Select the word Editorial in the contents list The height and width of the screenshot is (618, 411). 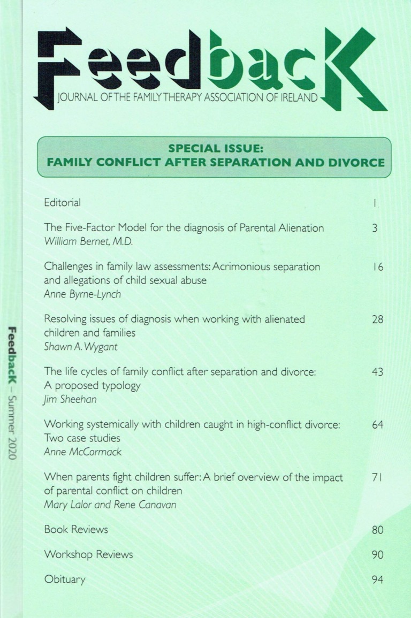[x=63, y=203]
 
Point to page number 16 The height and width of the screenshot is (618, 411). [x=377, y=266]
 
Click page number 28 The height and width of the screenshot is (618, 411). [x=377, y=319]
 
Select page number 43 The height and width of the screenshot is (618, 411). [x=377, y=372]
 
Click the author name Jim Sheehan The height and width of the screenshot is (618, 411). [x=67, y=399]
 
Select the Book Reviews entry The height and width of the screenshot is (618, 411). [x=76, y=530]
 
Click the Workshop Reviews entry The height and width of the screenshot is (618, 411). [x=88, y=554]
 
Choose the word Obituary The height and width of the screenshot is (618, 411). [x=65, y=579]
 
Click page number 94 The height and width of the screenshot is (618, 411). [x=377, y=579]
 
